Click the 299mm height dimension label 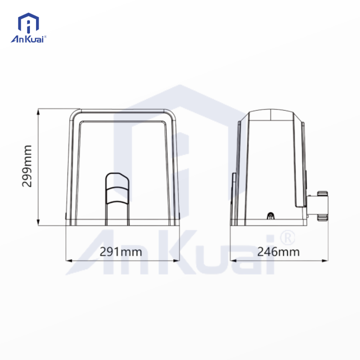coord(28,166)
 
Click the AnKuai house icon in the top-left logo coord(28,23)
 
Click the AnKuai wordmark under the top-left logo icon coord(29,39)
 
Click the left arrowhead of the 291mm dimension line coord(68,259)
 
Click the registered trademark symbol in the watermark coord(289,237)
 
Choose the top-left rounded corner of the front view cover coord(74,115)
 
